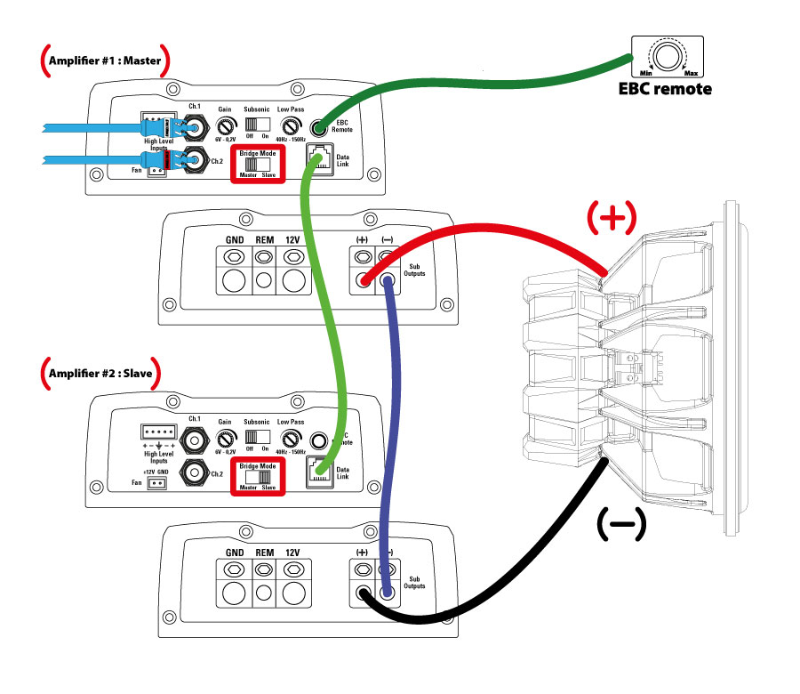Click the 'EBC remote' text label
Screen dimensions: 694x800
tap(665, 89)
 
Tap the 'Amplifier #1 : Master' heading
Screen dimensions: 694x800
tap(105, 61)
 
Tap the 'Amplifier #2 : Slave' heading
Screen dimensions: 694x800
tap(100, 372)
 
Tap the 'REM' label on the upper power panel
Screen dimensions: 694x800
tap(264, 240)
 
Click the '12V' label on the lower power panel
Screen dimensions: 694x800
tap(293, 553)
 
